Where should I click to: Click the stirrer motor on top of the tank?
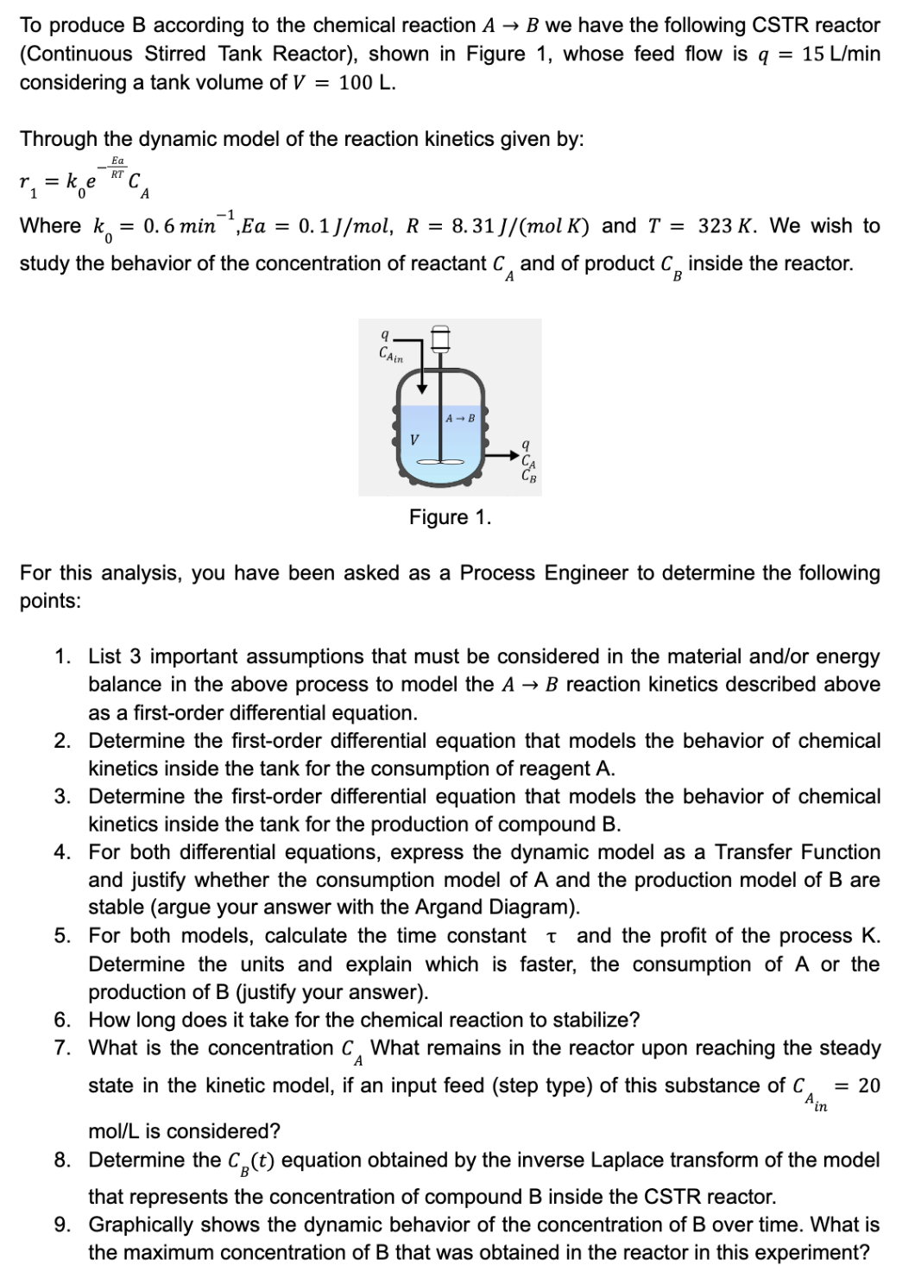pos(440,338)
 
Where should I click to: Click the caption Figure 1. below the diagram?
pos(450,517)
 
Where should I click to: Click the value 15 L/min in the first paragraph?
pos(841,54)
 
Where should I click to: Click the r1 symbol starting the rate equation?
pos(28,182)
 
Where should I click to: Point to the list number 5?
pos(62,936)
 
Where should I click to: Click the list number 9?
pos(62,1224)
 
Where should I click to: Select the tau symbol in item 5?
pos(551,937)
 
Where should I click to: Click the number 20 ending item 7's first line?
pos(868,1085)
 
